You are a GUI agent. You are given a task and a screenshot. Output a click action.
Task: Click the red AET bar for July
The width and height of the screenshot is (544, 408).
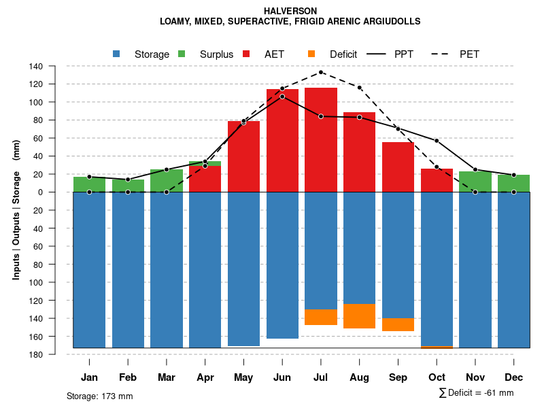(321, 139)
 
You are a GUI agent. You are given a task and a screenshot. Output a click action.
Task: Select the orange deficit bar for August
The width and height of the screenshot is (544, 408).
(360, 316)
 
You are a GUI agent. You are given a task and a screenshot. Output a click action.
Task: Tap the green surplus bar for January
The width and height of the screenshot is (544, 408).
(89, 184)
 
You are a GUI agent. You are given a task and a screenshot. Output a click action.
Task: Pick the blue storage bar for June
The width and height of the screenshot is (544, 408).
(282, 265)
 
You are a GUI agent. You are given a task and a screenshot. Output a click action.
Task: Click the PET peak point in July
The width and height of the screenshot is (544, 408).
(321, 72)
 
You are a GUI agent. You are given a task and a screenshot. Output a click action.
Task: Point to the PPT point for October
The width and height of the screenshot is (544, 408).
(437, 141)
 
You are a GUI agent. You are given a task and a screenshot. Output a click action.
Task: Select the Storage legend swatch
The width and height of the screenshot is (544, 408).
(117, 54)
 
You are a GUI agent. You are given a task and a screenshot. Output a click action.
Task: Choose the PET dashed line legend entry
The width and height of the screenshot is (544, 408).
(445, 54)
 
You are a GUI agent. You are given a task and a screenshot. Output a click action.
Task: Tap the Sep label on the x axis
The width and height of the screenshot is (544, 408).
(398, 377)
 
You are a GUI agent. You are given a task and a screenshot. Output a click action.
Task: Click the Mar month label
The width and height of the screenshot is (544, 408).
(167, 377)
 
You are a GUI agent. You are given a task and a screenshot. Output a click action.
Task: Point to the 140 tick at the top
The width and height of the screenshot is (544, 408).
(36, 66)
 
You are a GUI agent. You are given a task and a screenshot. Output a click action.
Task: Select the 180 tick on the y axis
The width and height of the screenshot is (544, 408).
(36, 354)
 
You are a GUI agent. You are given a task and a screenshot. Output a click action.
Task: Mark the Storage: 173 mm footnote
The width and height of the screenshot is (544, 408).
(99, 396)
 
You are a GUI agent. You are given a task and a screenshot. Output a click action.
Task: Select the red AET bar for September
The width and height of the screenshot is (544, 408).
(398, 167)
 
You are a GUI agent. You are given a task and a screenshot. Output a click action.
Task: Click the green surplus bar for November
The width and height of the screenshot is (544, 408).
(475, 182)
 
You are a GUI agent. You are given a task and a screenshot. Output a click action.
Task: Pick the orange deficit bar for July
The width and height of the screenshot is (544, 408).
(321, 317)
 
